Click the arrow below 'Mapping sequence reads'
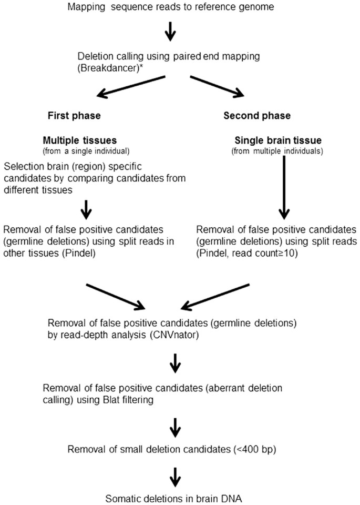[x=170, y=33]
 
